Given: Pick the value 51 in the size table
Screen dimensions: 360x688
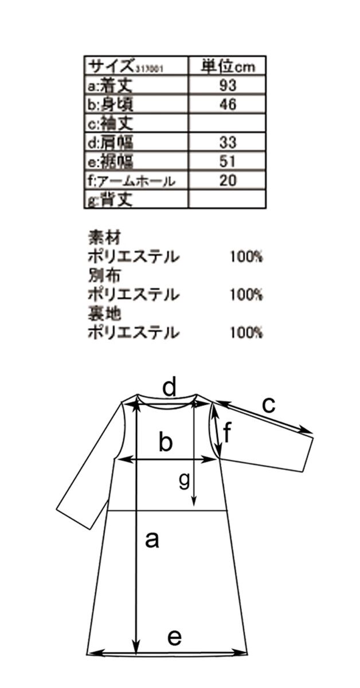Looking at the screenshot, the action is tap(228, 161).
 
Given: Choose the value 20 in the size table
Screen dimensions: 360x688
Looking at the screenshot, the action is tap(228, 180).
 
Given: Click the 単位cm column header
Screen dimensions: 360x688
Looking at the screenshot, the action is tap(228, 65).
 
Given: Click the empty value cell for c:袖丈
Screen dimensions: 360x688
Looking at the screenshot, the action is tap(228, 123).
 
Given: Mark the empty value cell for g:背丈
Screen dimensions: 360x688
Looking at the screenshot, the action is tap(228, 199).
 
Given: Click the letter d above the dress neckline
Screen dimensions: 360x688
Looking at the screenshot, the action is tap(169, 388).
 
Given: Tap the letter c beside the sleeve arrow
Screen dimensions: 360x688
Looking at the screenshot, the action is tap(269, 405).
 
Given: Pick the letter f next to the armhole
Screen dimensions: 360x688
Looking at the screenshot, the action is tap(227, 433).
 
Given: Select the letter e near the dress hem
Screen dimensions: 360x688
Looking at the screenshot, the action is tap(175, 637).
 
